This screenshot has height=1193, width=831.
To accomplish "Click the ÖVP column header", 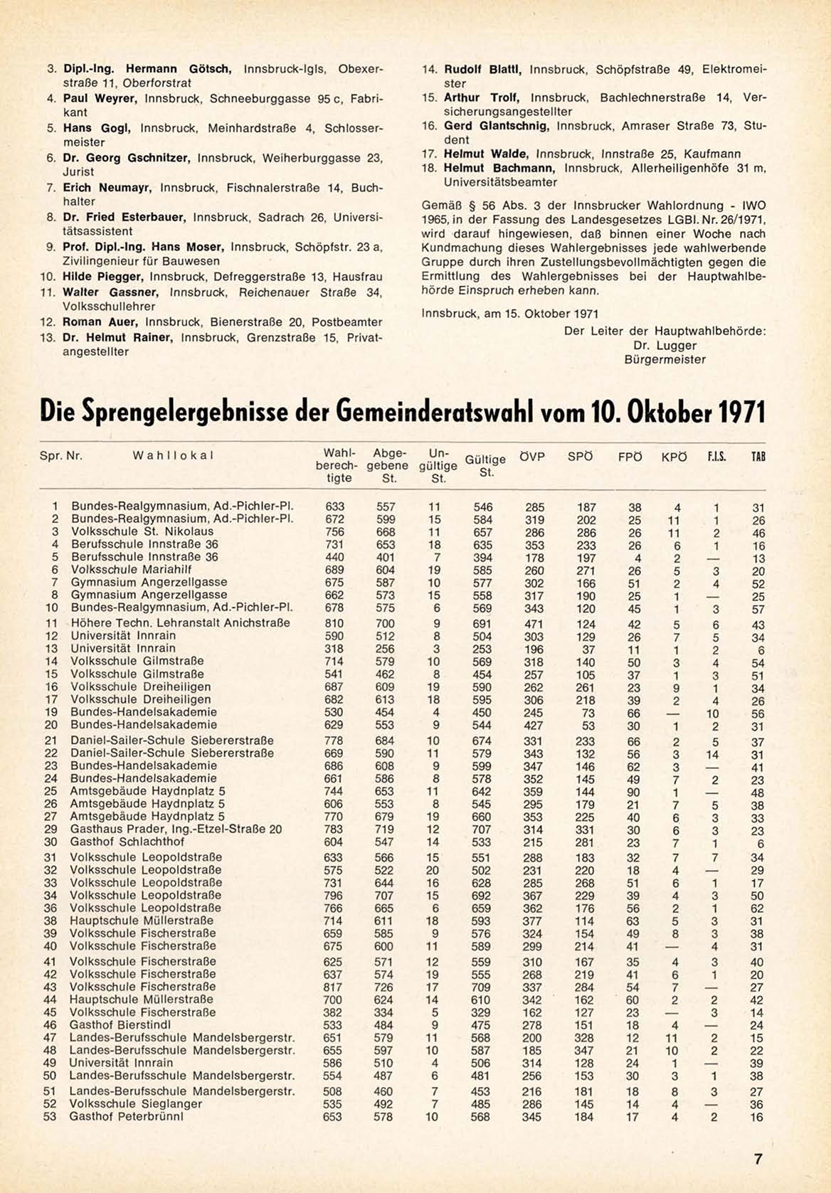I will click(x=531, y=457).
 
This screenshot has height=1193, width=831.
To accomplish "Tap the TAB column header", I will click(x=758, y=457).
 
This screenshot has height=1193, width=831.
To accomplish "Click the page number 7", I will click(x=758, y=1159).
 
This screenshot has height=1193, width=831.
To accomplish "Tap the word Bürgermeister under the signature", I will click(x=665, y=359).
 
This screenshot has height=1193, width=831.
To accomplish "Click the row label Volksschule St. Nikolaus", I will click(x=142, y=531).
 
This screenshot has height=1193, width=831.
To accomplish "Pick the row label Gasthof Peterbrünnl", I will click(x=126, y=1116).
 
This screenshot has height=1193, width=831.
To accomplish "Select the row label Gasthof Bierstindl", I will click(x=121, y=1024).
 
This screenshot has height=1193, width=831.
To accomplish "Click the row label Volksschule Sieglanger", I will click(x=135, y=1103).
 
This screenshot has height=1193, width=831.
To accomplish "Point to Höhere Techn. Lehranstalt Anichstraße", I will click(x=180, y=622).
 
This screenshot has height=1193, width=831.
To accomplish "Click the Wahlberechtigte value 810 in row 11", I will click(x=334, y=623).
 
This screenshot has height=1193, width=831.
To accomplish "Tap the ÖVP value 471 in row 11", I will click(x=534, y=624).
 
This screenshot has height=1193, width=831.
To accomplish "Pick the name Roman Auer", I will click(x=102, y=322).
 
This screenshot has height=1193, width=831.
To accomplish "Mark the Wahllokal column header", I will click(x=173, y=455).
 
